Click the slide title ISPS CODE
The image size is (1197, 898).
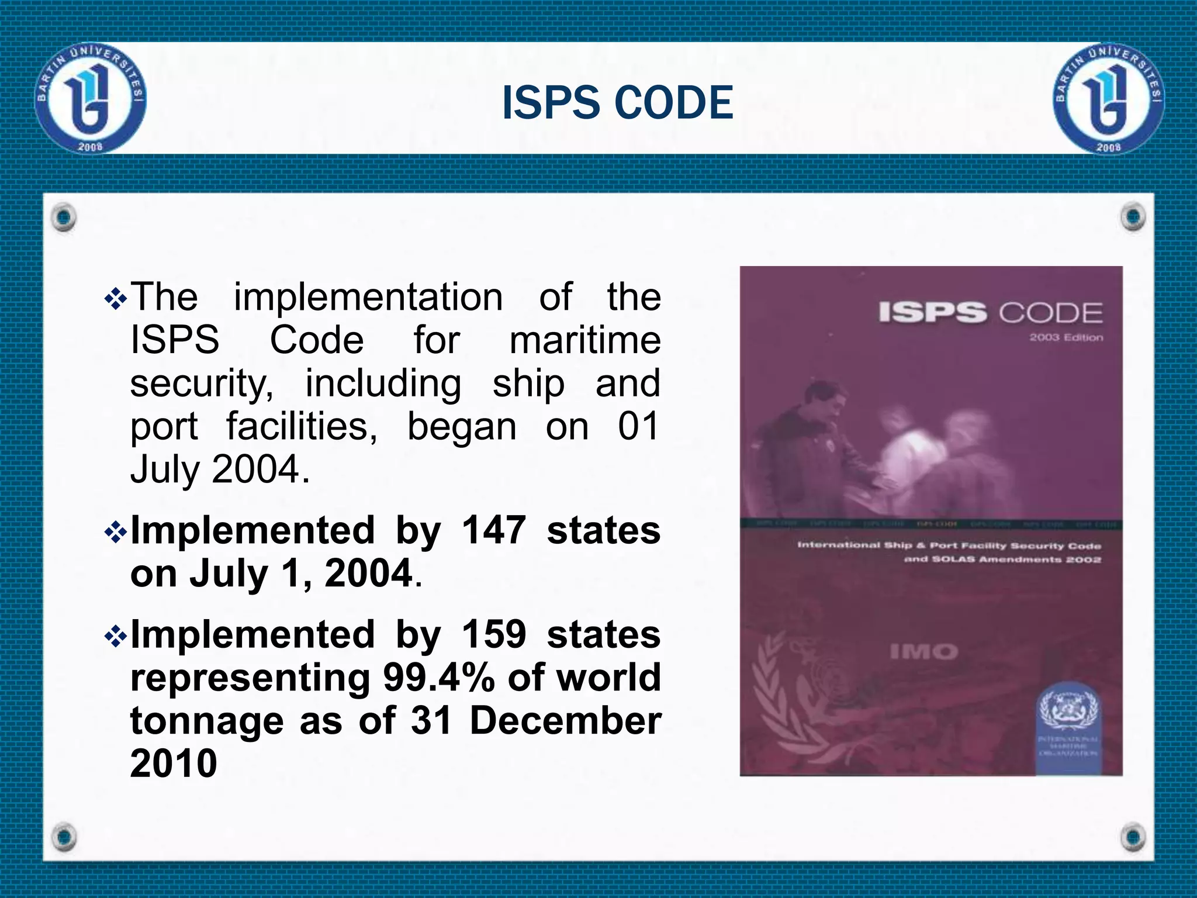point(617,103)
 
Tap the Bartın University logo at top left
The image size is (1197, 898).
point(91,98)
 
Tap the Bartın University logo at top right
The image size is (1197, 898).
point(1108,98)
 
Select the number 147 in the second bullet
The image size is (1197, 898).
point(494,530)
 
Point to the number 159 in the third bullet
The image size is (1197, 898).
point(494,634)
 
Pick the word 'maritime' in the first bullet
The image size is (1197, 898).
point(585,340)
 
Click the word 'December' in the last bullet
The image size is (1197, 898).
point(565,720)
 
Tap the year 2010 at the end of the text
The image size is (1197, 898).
point(174,763)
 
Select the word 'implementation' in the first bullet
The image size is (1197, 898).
point(368,297)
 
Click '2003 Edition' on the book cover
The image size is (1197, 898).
point(1066,337)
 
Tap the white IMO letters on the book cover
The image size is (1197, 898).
point(924,651)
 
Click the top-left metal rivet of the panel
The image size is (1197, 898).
point(64,217)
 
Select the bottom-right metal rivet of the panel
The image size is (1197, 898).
point(1133,837)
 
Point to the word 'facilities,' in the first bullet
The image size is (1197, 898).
point(302,426)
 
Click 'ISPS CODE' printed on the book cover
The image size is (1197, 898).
point(990,313)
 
